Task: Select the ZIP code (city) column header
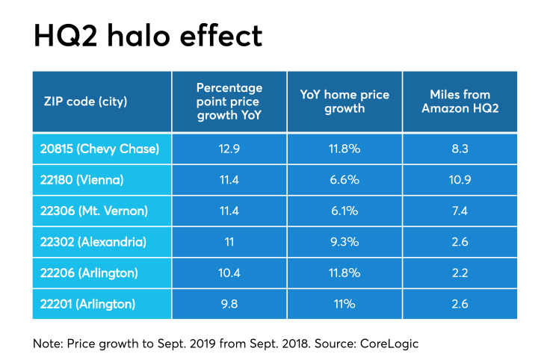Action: (x=84, y=102)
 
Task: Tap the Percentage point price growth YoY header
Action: (x=229, y=102)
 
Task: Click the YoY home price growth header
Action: (x=344, y=102)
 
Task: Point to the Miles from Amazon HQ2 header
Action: (x=460, y=102)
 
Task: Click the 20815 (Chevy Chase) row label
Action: (x=99, y=149)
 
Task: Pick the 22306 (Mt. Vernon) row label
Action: (x=93, y=212)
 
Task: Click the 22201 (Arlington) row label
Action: (x=87, y=305)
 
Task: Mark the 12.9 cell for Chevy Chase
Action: (x=229, y=149)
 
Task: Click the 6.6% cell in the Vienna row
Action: (x=344, y=181)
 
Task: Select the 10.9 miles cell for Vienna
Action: (x=460, y=181)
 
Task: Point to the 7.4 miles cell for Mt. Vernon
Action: (x=460, y=212)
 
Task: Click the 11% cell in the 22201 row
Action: (x=344, y=305)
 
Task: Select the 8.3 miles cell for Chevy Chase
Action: (x=460, y=149)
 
